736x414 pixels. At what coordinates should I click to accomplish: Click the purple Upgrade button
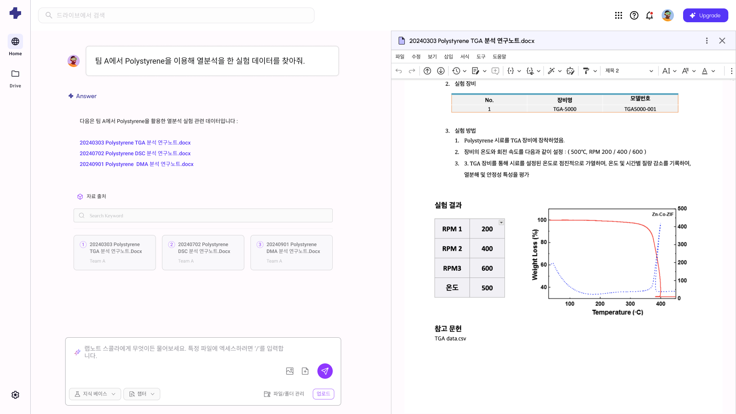pyautogui.click(x=705, y=15)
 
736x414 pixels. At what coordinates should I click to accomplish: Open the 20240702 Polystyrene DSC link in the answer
pyautogui.click(x=135, y=153)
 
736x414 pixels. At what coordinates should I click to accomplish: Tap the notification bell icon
pyautogui.click(x=649, y=15)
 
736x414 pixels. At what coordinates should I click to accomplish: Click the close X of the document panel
pyautogui.click(x=722, y=41)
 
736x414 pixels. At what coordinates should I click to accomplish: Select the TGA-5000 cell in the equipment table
pyautogui.click(x=565, y=109)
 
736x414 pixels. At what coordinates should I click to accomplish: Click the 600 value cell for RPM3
pyautogui.click(x=487, y=268)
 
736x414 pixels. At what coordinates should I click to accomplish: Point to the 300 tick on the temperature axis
pyautogui.click(x=630, y=304)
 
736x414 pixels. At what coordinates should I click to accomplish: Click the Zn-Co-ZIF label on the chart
pyautogui.click(x=662, y=214)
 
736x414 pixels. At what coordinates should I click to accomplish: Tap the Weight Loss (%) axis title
pyautogui.click(x=535, y=255)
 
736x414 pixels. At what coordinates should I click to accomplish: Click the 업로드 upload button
pyautogui.click(x=323, y=394)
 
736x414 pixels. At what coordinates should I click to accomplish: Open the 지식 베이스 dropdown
pyautogui.click(x=95, y=394)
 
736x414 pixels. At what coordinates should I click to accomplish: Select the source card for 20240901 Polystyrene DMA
pyautogui.click(x=291, y=252)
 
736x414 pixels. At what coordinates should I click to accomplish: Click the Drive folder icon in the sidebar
pyautogui.click(x=15, y=74)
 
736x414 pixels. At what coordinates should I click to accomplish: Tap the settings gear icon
pyautogui.click(x=15, y=395)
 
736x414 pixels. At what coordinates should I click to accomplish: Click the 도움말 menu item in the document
pyautogui.click(x=499, y=56)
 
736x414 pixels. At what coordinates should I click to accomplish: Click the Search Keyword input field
pyautogui.click(x=203, y=215)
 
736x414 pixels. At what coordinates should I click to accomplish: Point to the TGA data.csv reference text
pyautogui.click(x=450, y=338)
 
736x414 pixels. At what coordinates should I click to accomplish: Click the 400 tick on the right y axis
pyautogui.click(x=682, y=227)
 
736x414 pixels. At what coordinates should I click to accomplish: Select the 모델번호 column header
pyautogui.click(x=640, y=99)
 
